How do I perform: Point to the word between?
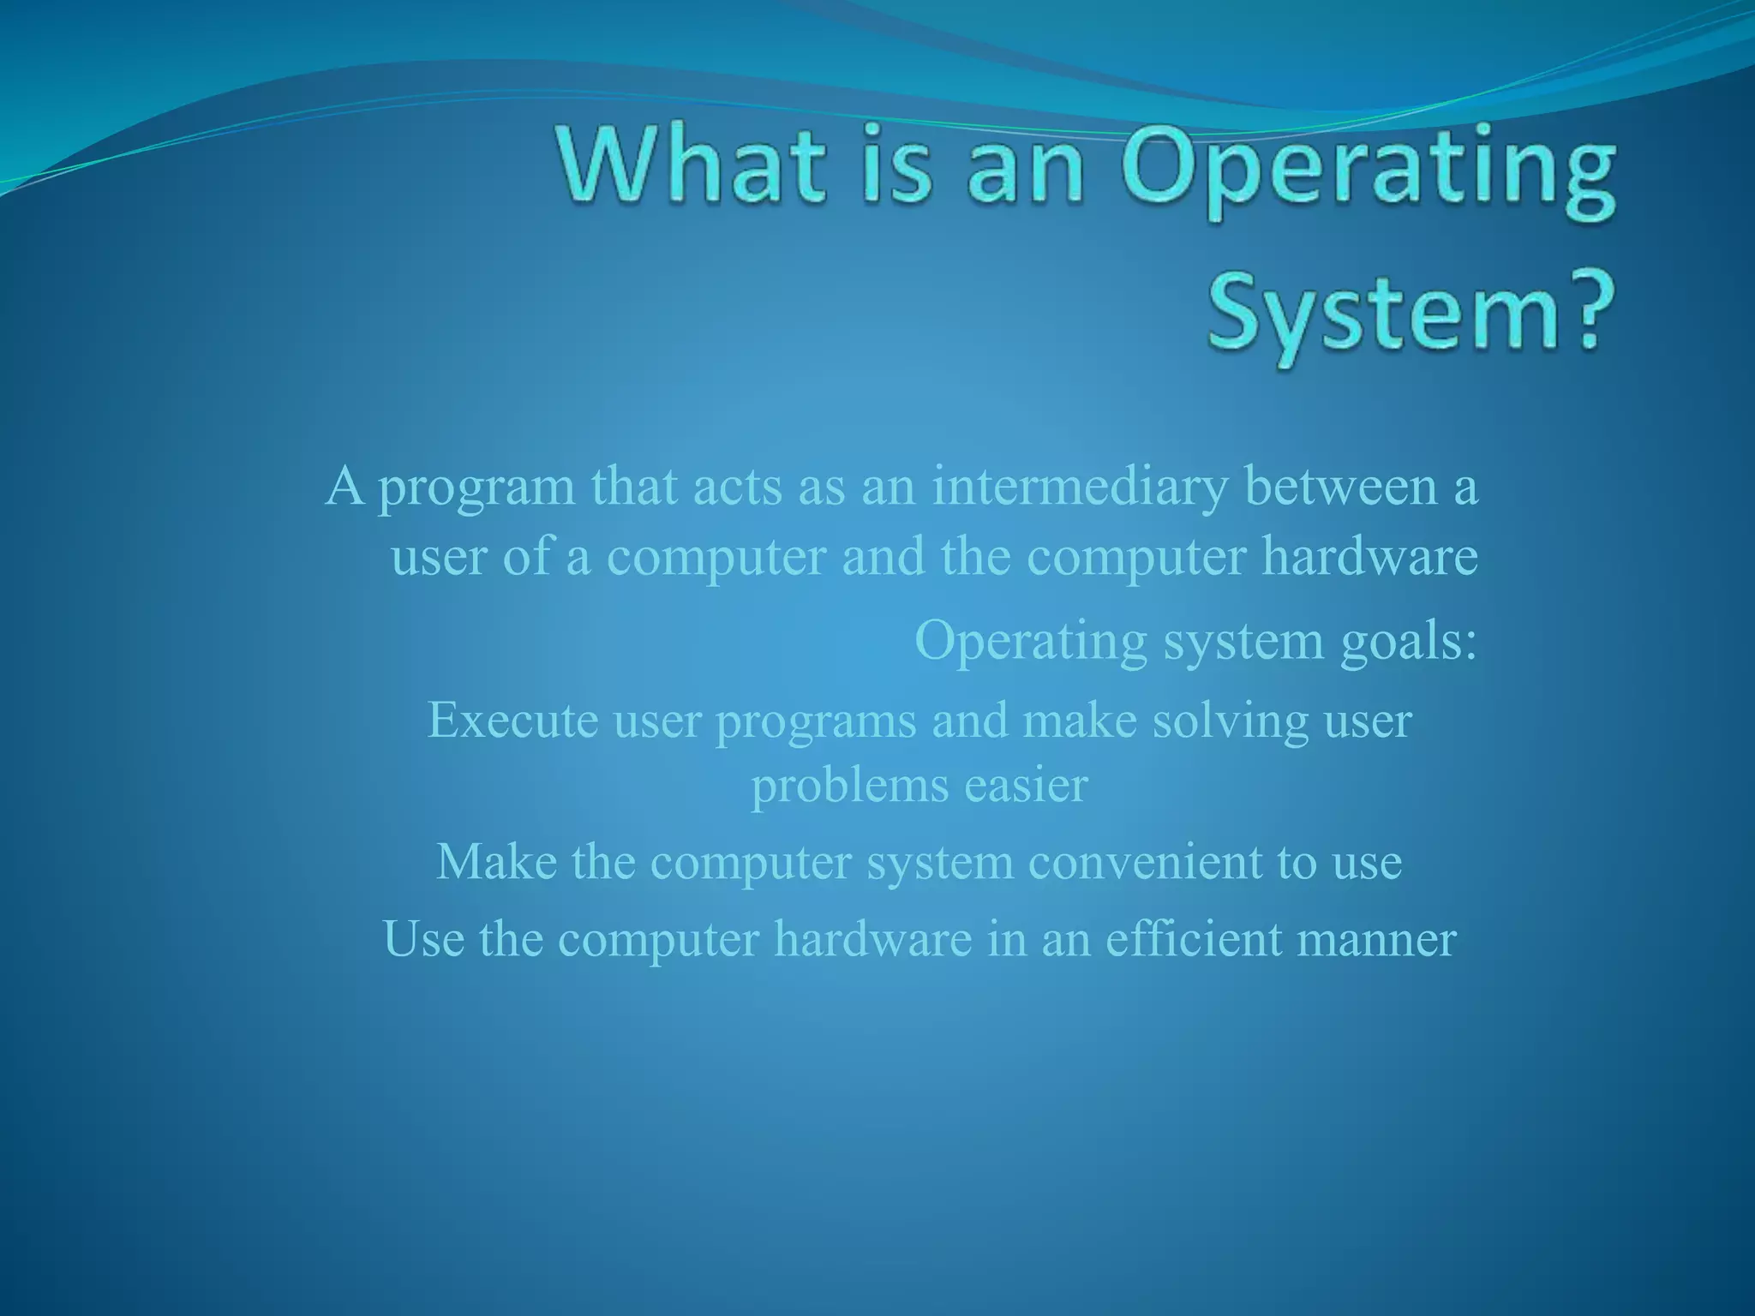(x=1342, y=487)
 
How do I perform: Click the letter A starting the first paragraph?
(x=344, y=487)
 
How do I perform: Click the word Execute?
(x=512, y=721)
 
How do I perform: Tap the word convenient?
(x=1145, y=862)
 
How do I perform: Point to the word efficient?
(x=1194, y=939)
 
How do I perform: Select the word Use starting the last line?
(x=424, y=939)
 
